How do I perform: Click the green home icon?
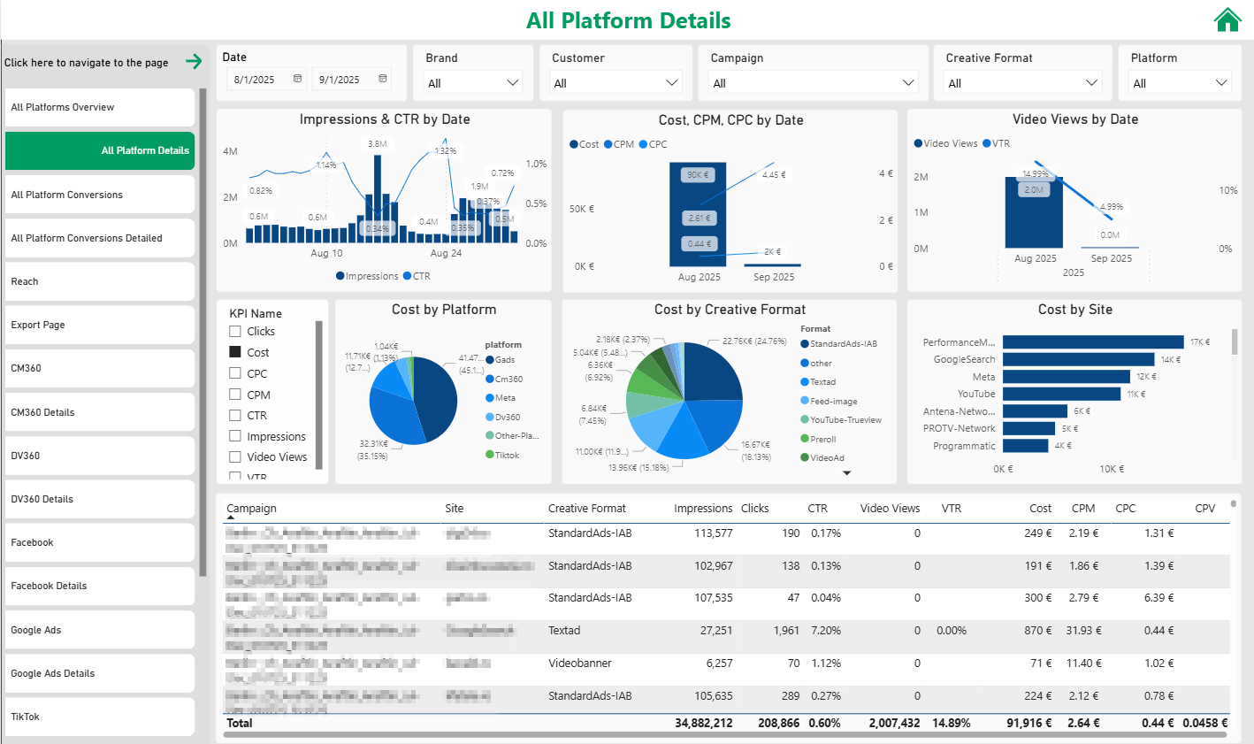point(1227,19)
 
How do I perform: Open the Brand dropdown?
point(473,83)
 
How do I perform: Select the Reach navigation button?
point(99,281)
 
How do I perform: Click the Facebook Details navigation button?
point(99,586)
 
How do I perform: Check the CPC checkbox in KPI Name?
point(235,373)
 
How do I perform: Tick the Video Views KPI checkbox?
point(235,456)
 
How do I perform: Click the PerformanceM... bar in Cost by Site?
point(1092,342)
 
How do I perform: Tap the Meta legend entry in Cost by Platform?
point(504,398)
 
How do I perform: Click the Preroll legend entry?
point(822,439)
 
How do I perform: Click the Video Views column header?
point(890,509)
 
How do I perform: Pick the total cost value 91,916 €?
point(1028,723)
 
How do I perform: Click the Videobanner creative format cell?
point(579,663)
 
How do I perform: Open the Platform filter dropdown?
point(1180,83)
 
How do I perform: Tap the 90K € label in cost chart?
point(697,175)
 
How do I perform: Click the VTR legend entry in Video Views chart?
point(1000,143)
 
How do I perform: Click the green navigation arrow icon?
point(194,62)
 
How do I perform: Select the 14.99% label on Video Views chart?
point(1035,174)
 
